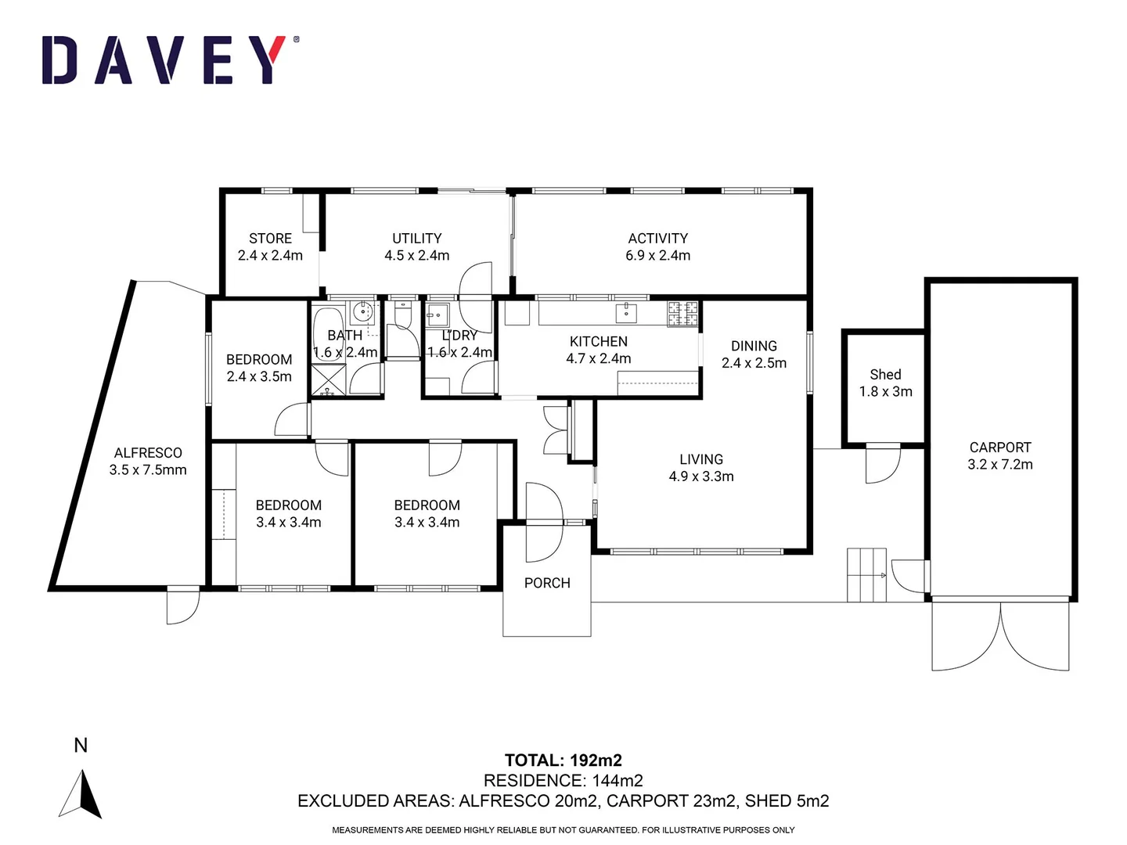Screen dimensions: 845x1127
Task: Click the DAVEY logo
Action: (x=169, y=60)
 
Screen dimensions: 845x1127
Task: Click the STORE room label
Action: (x=270, y=238)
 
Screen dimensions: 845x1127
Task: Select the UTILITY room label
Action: (x=416, y=238)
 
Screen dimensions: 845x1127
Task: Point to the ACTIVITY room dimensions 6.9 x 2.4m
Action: (x=657, y=255)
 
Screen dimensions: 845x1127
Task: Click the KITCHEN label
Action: (x=598, y=341)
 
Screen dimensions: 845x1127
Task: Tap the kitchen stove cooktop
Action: (x=682, y=314)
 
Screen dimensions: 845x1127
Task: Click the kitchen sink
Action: (x=626, y=313)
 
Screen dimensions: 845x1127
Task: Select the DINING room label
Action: (x=754, y=346)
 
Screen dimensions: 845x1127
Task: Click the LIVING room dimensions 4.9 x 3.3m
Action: (x=701, y=476)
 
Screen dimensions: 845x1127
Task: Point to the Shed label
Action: (x=885, y=375)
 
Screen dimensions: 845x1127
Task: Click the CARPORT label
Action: (x=1000, y=448)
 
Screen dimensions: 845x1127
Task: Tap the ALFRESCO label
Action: (x=148, y=453)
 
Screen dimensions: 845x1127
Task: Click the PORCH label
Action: (x=547, y=583)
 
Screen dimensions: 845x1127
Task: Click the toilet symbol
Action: (x=403, y=316)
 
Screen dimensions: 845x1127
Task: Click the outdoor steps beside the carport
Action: (x=866, y=575)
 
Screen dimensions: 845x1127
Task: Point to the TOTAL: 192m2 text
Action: (x=563, y=760)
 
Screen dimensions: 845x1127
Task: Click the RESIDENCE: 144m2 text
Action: (x=563, y=781)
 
